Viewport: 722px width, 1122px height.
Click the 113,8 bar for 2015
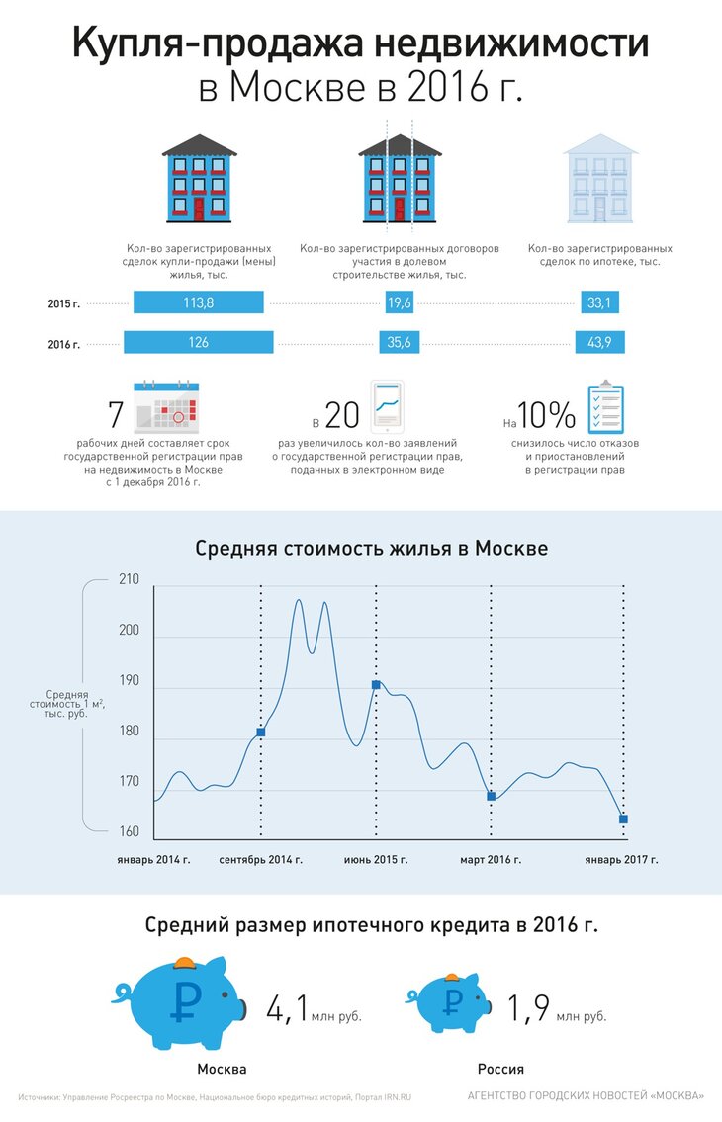pos(198,302)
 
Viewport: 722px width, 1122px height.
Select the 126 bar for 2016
pos(198,342)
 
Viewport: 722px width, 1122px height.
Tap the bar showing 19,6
pos(399,302)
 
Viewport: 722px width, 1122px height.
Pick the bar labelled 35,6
pos(399,342)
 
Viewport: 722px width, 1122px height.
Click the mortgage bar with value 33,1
pos(599,302)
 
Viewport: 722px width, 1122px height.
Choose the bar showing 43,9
pos(599,342)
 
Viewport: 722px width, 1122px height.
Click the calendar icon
pos(165,407)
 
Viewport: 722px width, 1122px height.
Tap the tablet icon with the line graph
pos(389,405)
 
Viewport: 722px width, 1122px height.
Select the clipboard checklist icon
pos(605,408)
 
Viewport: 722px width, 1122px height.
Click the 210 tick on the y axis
pos(129,579)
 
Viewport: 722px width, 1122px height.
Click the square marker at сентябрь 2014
pos(261,732)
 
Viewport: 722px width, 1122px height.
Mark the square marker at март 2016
pos(492,796)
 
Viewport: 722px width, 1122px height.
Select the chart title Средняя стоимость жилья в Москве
pos(371,548)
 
